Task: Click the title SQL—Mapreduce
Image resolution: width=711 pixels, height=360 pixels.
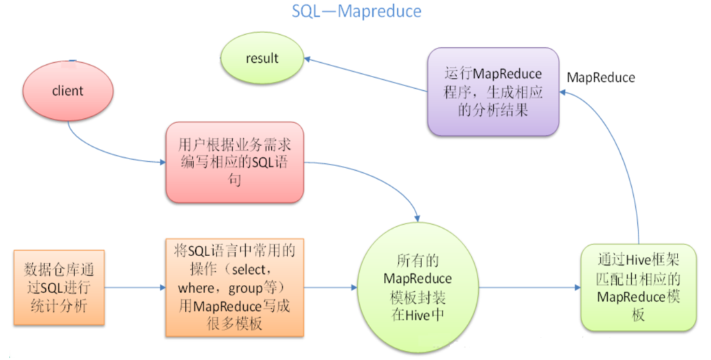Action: click(356, 12)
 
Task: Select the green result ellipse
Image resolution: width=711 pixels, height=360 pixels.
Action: click(262, 58)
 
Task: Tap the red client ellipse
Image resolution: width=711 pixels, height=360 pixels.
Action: click(67, 91)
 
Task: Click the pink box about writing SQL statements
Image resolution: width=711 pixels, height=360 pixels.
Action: click(234, 163)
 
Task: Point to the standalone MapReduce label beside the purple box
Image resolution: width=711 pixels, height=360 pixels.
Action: click(600, 78)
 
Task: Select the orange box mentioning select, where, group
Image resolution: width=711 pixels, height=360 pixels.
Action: click(234, 287)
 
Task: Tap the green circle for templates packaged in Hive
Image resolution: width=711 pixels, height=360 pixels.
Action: click(417, 288)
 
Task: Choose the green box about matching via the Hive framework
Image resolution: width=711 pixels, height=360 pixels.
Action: click(639, 287)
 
